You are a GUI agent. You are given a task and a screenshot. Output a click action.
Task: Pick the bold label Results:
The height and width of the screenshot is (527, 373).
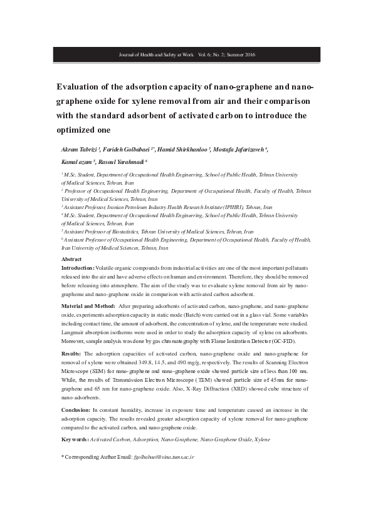click(70, 354)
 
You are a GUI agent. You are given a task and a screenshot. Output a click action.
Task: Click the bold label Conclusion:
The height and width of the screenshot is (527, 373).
click(75, 409)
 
